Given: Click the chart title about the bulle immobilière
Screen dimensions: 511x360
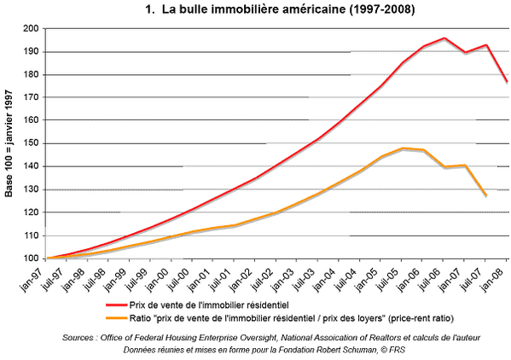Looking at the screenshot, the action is coord(280,9).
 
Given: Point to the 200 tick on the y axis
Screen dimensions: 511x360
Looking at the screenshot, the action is coord(31,29).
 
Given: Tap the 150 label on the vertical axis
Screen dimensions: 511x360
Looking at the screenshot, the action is coord(31,143).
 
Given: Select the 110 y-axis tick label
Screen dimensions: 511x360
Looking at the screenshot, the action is coord(31,235).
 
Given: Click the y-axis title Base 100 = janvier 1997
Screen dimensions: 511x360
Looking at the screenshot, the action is coord(9,143).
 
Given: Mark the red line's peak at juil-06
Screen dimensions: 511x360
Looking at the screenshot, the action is coord(444,38).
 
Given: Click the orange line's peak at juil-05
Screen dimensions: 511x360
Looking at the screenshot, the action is coord(403,148).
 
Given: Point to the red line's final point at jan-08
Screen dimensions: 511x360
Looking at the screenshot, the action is coord(507,81).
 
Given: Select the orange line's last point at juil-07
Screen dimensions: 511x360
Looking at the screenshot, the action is coord(486,195).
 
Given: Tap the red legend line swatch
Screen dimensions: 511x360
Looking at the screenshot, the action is coord(116,305).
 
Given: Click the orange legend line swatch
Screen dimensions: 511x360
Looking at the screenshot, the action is coord(116,318).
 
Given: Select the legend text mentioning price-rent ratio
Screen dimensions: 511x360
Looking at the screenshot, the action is coord(292,318).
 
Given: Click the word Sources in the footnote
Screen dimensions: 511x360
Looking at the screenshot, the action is coord(78,338).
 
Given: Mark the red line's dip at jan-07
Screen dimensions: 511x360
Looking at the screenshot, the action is coord(465,52).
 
